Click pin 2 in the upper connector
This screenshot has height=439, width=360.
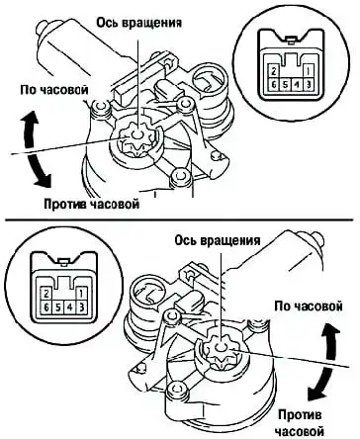(x=274, y=71)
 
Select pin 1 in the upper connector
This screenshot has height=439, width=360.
(x=308, y=71)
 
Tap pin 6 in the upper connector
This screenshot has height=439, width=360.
(x=274, y=84)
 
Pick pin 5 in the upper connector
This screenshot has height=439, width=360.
(x=285, y=84)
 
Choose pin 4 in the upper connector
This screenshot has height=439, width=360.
(x=297, y=84)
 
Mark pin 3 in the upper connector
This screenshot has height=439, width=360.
(x=308, y=84)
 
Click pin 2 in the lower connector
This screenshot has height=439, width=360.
(x=46, y=294)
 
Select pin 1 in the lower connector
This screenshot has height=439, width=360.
(x=81, y=294)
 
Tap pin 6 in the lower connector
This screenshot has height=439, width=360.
(x=46, y=307)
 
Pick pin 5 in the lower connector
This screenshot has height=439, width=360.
(x=57, y=307)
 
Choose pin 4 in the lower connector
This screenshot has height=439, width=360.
(x=69, y=307)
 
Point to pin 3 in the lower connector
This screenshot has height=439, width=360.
(x=81, y=307)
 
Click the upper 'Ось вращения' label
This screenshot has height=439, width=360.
(x=138, y=24)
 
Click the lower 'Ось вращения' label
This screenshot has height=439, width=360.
(x=218, y=240)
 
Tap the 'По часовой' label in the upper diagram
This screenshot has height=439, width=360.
(x=54, y=90)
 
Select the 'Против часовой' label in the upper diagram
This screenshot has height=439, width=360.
(x=92, y=204)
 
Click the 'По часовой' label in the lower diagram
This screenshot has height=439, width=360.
(x=309, y=307)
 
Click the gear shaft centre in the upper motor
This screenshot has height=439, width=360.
(x=136, y=134)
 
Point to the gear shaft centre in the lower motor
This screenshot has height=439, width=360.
(x=220, y=348)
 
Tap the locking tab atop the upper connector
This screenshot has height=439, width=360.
(x=290, y=40)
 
